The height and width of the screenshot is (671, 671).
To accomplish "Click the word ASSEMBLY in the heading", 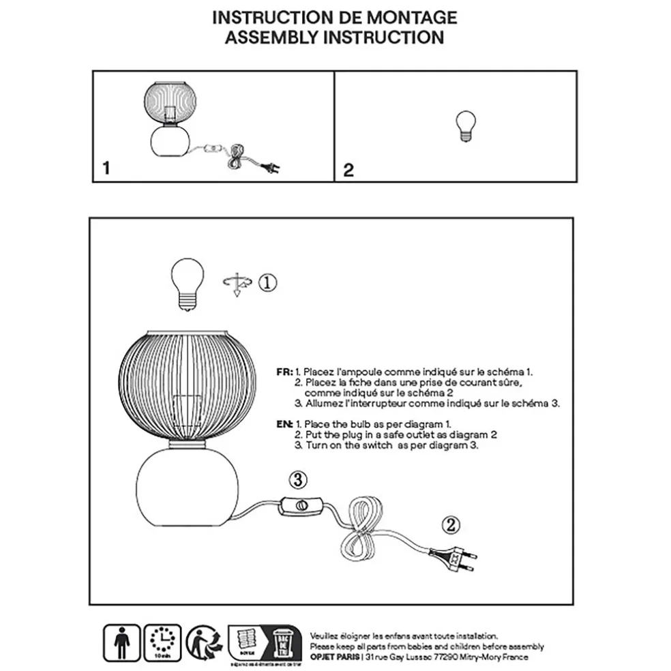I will point(270,37).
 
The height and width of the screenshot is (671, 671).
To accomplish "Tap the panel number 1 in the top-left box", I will point(104,168).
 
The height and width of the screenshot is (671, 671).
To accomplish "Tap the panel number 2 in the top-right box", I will point(348,170).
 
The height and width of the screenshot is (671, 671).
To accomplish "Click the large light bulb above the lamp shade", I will point(186,284).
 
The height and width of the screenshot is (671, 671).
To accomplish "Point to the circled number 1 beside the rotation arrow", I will point(268,281).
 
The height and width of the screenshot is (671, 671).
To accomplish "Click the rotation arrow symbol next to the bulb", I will point(237,283).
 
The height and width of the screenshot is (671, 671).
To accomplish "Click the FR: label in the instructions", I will point(284,373).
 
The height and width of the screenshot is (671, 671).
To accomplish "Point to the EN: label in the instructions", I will point(284,423).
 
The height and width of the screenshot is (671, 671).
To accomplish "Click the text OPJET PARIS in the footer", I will point(335,658).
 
